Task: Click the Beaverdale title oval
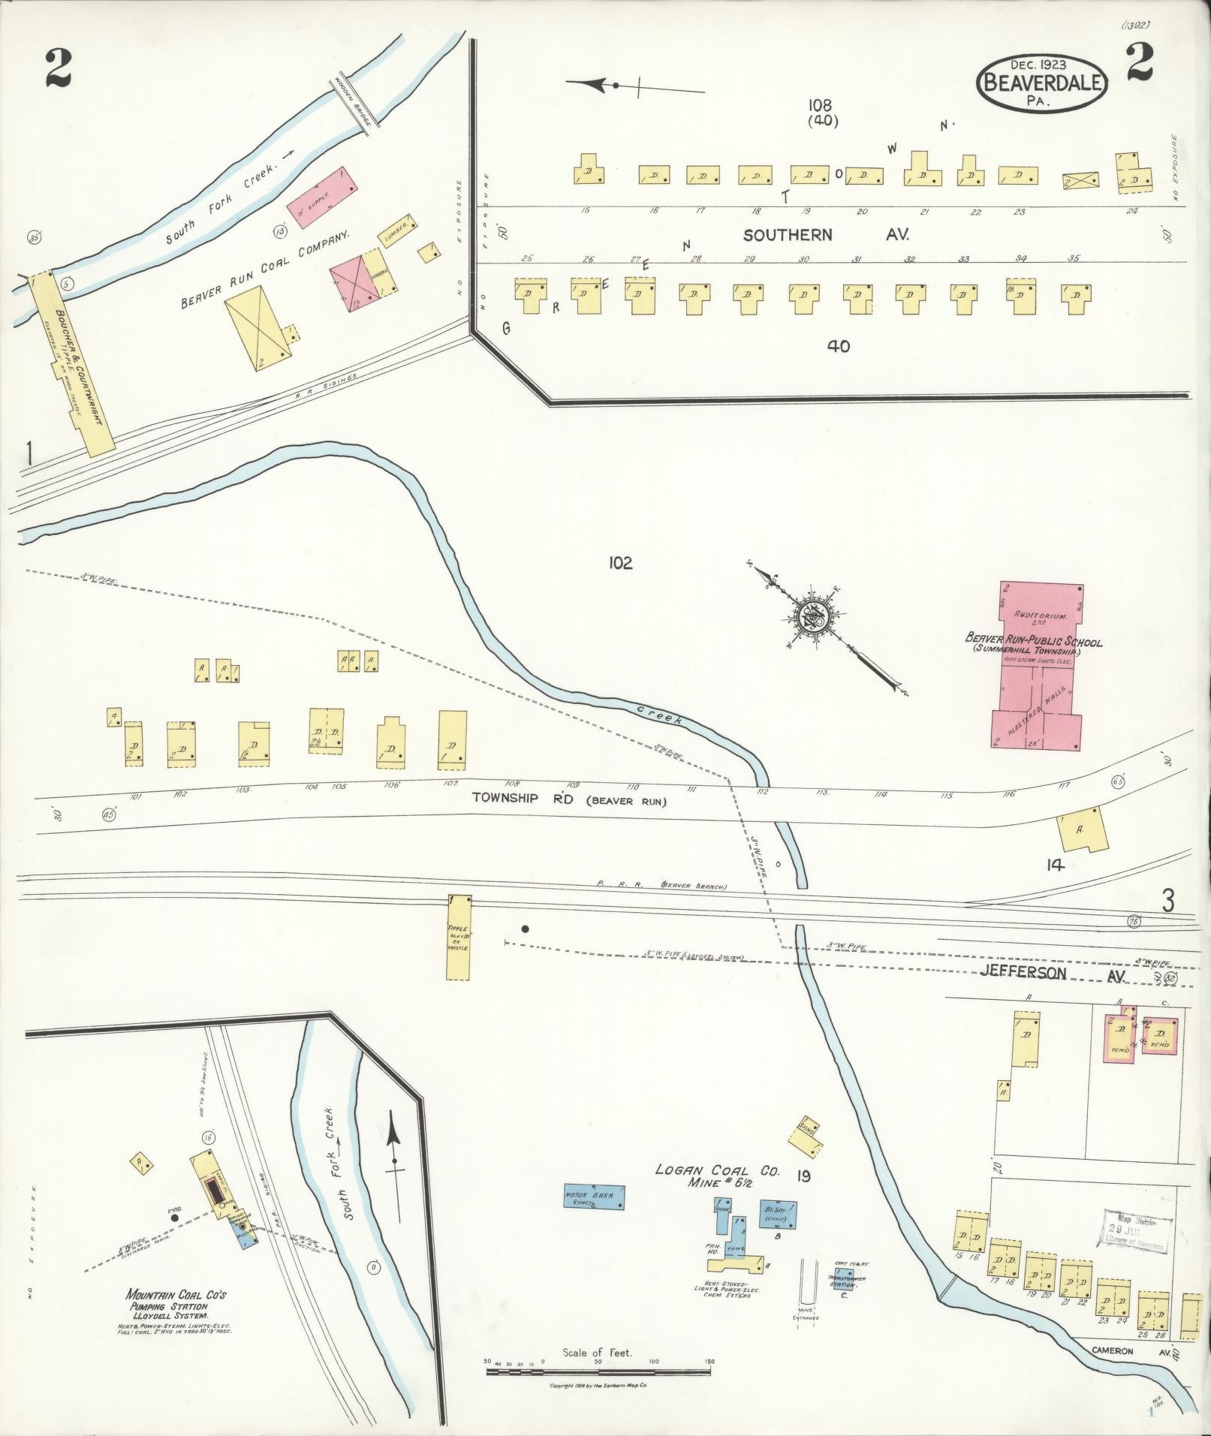[x=1041, y=83]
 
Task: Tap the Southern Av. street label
[x=825, y=235]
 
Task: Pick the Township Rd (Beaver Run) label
[x=569, y=799]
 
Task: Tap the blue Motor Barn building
[x=594, y=1195]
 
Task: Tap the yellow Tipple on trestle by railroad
[x=458, y=937]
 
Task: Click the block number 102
[x=620, y=563]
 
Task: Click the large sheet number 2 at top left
[x=58, y=69]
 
